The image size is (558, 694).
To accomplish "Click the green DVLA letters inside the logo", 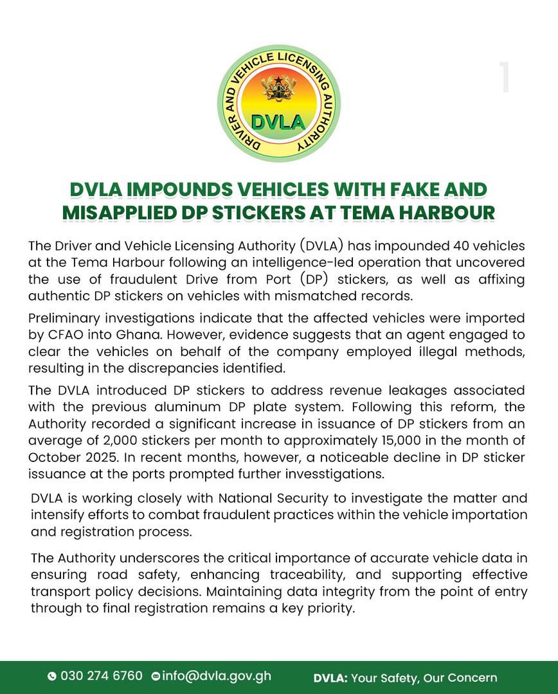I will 278,121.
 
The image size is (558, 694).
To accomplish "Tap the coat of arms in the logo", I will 279,88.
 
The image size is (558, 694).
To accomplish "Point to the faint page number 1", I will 505,78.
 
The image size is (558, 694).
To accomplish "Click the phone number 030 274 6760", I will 101,676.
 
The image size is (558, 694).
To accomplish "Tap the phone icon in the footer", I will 52,677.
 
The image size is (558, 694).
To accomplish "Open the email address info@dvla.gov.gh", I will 217,676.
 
